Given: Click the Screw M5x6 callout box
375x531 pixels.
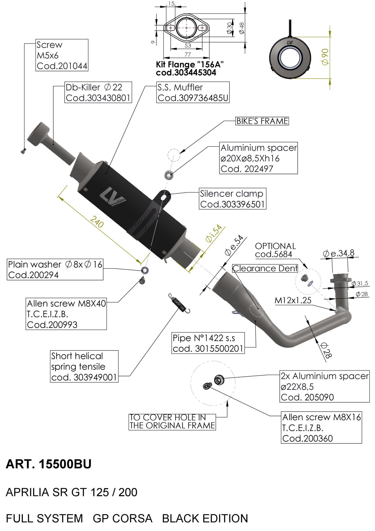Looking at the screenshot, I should [62, 55].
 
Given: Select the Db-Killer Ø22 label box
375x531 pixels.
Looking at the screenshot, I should [98, 92].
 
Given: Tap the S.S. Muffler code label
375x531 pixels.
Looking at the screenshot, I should [193, 92].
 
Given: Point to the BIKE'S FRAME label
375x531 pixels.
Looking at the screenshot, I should [262, 121].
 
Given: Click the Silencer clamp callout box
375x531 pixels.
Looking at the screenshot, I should [232, 199].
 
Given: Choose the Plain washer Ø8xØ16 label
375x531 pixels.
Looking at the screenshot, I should [55, 270].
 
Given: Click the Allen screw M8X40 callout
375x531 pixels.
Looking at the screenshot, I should [66, 314].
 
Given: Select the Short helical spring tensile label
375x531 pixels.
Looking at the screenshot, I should [84, 366].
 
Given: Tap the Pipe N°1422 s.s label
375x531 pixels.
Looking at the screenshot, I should [208, 343].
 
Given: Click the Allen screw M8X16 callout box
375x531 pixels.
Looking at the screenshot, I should [321, 428].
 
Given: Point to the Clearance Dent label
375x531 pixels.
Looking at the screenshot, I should [265, 269].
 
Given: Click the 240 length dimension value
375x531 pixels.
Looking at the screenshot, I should [97, 222].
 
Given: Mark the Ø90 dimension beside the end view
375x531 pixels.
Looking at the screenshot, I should [325, 57].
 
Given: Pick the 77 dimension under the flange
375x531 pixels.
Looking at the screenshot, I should [187, 55].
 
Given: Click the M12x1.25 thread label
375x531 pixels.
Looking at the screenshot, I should [293, 300].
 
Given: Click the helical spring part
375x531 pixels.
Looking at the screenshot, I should [179, 303].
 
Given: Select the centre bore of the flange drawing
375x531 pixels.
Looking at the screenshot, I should [186, 28].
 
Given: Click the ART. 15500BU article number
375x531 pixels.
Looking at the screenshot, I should [49, 464].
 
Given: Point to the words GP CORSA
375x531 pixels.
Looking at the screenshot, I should [122, 518].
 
